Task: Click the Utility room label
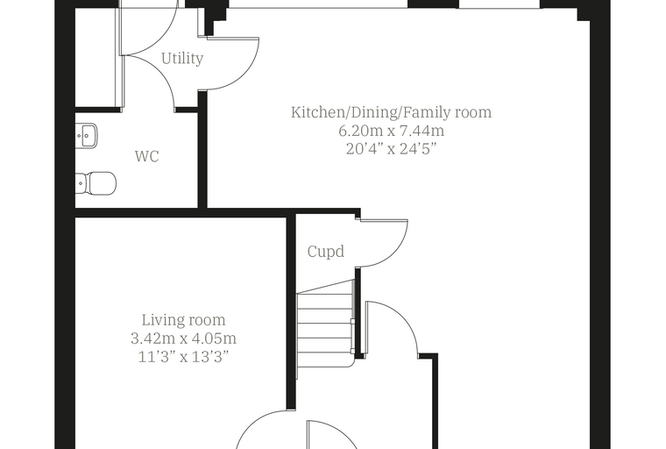(x=182, y=58)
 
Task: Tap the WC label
(x=147, y=156)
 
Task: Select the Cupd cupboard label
(x=325, y=252)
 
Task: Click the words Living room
(x=183, y=320)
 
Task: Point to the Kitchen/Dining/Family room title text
(x=391, y=112)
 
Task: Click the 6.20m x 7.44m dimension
(x=391, y=131)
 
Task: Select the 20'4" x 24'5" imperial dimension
(x=391, y=149)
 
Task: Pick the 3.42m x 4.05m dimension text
(x=183, y=339)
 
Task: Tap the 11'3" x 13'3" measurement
(x=183, y=357)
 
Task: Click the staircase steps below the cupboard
(x=325, y=324)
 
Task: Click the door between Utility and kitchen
(x=244, y=72)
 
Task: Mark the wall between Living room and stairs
(x=291, y=313)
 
